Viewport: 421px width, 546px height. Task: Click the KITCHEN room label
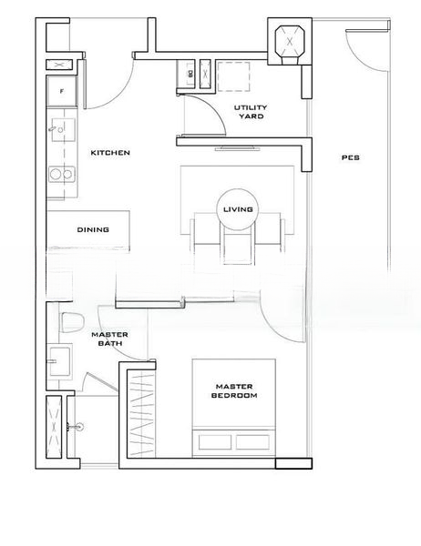pos(110,153)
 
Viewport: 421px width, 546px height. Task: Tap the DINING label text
pos(93,229)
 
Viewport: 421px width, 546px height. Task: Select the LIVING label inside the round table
pos(238,209)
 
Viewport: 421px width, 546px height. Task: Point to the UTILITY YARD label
pos(251,112)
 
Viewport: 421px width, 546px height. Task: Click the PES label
pos(351,157)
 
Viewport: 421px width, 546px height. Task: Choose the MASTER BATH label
pos(110,339)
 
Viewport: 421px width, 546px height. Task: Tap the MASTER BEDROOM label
pos(234,390)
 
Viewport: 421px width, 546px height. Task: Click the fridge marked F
pos(62,91)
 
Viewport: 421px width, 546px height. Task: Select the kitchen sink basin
pos(63,129)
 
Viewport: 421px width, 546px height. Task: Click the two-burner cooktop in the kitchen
pos(62,174)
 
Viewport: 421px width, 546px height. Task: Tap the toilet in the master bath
pos(73,322)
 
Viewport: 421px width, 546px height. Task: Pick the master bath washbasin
pos(59,361)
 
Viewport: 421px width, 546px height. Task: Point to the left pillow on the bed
pos(215,441)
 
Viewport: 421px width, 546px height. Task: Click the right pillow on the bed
pos(252,441)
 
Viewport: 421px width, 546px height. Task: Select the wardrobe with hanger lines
pos(140,414)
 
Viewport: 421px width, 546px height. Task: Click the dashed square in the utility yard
pos(233,76)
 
